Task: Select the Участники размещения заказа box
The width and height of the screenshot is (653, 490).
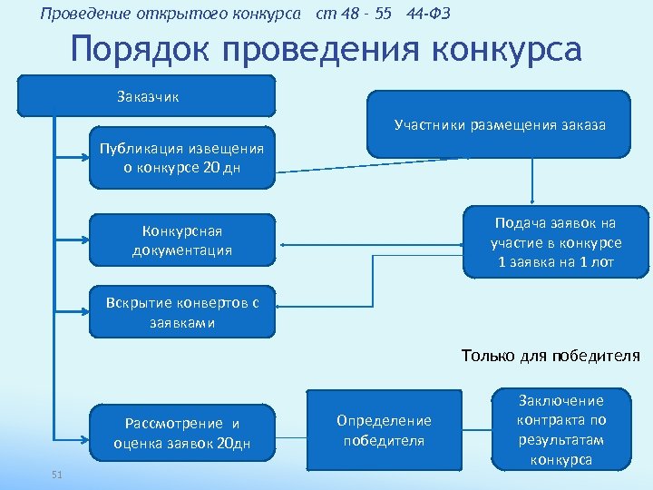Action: coord(499,125)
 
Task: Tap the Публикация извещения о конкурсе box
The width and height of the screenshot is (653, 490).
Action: coord(181,157)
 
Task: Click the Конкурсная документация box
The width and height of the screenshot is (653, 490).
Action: coord(181,240)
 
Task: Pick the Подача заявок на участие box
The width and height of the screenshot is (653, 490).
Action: coord(556,242)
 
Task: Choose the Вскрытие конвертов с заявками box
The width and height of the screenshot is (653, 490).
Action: coord(181,313)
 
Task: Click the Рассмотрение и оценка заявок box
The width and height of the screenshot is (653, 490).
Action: coord(181,433)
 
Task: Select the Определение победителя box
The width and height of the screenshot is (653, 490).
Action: coord(384,430)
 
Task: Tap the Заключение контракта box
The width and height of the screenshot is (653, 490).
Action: coord(560,430)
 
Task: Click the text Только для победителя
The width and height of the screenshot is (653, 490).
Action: coord(551,356)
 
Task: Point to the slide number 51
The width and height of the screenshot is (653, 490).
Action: coord(57,475)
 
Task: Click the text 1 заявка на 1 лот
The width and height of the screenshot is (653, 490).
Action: coord(556,262)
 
